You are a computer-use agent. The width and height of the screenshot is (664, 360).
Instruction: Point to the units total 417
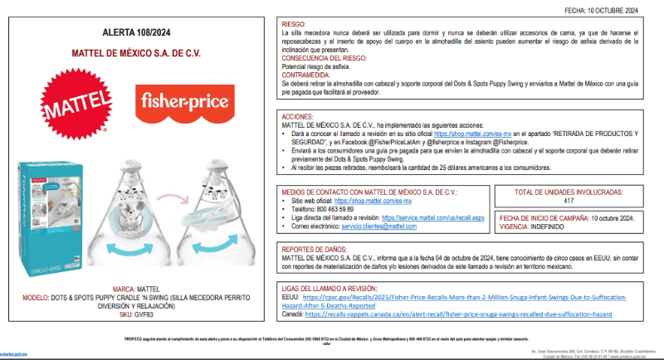(569, 201)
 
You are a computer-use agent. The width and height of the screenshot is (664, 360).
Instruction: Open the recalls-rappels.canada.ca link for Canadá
(458, 315)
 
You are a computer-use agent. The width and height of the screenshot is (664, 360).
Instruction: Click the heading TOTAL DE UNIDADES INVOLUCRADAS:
(569, 192)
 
